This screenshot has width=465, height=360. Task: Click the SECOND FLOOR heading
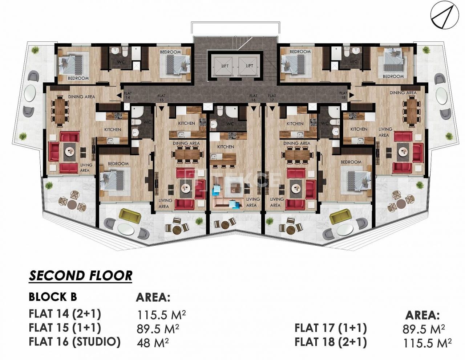tap(80, 276)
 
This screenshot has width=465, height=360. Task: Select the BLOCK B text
tap(53, 297)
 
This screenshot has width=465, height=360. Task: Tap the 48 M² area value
tap(153, 342)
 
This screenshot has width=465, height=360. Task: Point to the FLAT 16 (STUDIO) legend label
tap(74, 341)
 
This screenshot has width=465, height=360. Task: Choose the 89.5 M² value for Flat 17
tap(424, 329)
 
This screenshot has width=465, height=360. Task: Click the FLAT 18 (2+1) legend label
tap(331, 342)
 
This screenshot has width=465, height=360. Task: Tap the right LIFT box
tap(249, 66)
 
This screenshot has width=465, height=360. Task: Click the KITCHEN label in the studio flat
tap(226, 147)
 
